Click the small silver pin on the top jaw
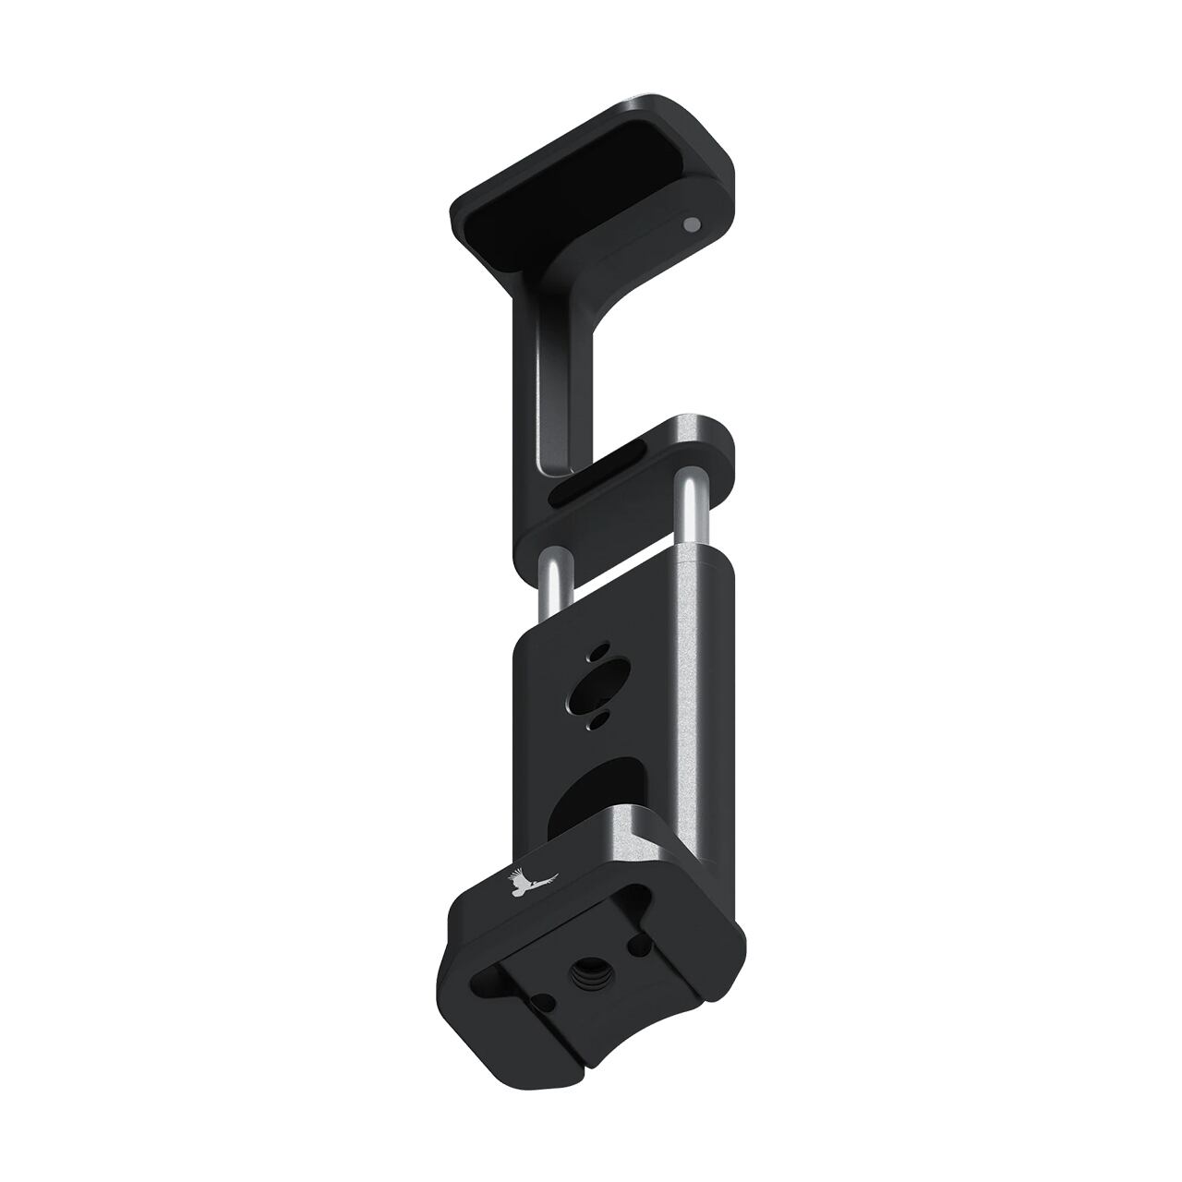point(690,223)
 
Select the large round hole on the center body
point(592,685)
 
